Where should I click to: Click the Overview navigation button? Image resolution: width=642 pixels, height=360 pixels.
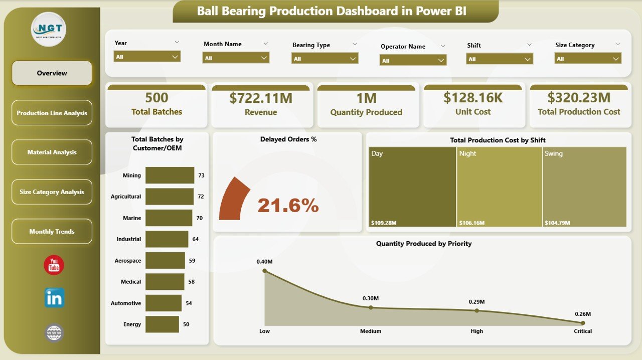pos(52,73)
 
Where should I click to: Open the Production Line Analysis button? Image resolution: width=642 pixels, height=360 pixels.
pos(52,113)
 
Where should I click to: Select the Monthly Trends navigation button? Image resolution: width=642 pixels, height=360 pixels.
pos(52,232)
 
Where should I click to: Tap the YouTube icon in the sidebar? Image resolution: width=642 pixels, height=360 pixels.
pos(54,265)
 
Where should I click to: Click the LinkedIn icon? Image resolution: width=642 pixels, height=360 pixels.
pos(54,298)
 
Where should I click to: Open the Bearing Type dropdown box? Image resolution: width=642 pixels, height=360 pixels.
pos(325,58)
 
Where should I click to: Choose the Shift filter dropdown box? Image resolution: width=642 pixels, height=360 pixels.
pos(499,59)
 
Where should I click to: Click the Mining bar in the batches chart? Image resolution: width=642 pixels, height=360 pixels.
pos(170,175)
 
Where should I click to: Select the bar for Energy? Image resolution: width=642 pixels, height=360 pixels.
pos(162,324)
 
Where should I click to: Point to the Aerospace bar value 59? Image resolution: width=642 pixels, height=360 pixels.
pos(192,261)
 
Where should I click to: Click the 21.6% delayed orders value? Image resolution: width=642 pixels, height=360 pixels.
pos(288,205)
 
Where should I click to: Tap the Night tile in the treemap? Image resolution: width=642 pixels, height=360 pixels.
pos(499,187)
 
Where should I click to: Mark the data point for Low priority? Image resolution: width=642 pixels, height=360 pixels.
pos(265,271)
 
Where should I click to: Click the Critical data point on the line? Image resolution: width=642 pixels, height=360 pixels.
pos(582,323)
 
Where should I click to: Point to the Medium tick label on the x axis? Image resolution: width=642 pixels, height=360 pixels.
pos(371,331)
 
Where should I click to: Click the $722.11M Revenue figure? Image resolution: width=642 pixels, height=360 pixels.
pos(261,98)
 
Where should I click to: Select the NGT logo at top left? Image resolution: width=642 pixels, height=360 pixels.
pos(49,29)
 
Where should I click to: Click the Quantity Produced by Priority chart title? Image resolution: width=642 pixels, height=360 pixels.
pos(424,244)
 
